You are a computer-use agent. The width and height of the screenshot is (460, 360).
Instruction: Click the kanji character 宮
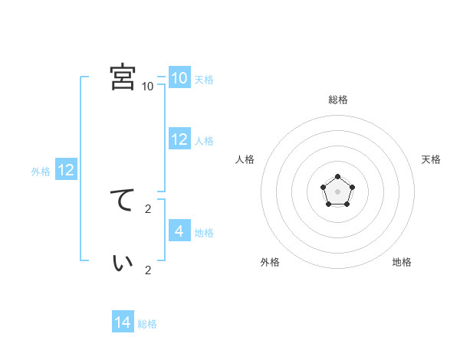123,77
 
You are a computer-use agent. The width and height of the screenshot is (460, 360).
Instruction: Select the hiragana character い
123,262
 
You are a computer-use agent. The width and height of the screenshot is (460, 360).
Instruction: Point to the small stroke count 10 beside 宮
148,87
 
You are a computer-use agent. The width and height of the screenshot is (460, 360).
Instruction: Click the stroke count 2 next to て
148,208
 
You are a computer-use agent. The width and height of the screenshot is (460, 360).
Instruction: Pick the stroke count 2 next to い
148,270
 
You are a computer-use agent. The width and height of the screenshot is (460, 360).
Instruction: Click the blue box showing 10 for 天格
179,78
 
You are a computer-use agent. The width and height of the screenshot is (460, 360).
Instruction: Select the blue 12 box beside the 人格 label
179,139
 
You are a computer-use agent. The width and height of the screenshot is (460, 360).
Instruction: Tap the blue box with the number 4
179,231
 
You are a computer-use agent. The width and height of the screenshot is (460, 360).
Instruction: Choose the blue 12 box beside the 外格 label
66,170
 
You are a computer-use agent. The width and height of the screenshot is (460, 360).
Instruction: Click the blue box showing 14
123,323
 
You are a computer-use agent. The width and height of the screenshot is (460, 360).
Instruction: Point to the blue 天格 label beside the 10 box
204,80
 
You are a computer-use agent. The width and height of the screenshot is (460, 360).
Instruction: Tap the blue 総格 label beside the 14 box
147,324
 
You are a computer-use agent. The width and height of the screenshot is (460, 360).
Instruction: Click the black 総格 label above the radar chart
338,100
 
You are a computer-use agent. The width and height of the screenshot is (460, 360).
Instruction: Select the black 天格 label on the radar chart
431,159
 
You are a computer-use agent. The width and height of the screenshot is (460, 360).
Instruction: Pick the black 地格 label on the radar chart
402,262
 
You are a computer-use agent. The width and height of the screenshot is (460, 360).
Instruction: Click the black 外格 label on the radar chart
270,262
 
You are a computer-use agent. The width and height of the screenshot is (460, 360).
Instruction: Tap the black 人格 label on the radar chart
245,159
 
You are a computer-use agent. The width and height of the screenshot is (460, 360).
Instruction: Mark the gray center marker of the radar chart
337,192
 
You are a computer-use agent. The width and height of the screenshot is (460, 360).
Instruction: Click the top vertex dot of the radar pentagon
337,177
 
